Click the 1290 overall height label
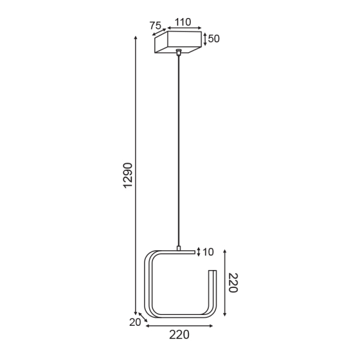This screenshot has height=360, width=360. click(x=128, y=175)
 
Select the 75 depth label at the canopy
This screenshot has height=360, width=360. click(x=155, y=26)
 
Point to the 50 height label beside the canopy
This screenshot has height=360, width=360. click(x=214, y=39)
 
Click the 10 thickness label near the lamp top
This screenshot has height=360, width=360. click(x=208, y=252)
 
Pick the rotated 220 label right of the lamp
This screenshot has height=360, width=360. click(x=233, y=283)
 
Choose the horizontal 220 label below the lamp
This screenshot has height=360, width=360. click(x=179, y=335)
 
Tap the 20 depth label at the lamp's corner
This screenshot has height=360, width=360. click(x=134, y=322)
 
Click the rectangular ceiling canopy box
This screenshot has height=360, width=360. click(x=178, y=42)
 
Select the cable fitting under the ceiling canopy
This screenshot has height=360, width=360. click(x=178, y=53)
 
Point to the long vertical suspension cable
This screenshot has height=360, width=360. click(x=178, y=150)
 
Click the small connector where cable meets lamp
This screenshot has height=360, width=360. click(x=178, y=247)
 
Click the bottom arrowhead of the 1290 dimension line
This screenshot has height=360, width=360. click(x=136, y=314)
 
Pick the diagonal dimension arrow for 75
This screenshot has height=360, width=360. click(x=160, y=34)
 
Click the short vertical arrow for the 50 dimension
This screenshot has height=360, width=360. click(x=205, y=39)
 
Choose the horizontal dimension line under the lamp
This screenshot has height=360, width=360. click(x=179, y=326)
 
